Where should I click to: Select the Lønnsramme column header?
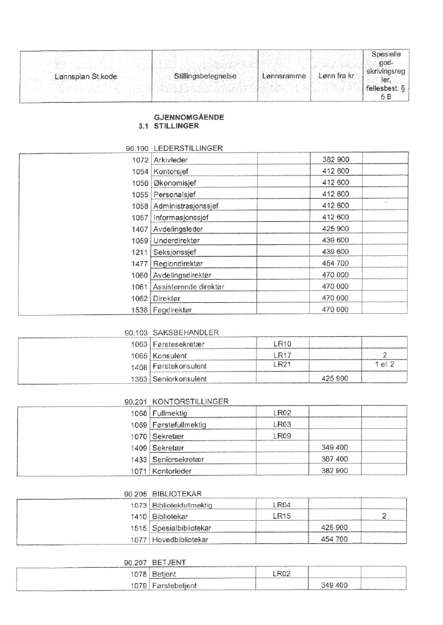pos(284,76)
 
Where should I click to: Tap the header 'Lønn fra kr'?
pos(336,76)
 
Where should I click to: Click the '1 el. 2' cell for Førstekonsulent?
pos(384,366)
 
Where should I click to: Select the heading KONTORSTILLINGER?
pos(192,402)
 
